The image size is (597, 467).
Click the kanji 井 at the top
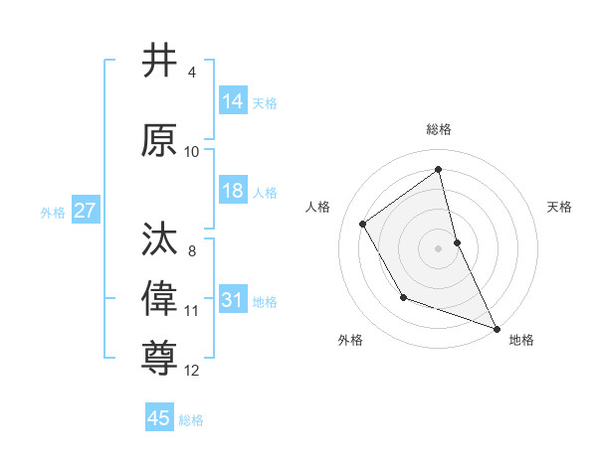pyautogui.click(x=159, y=62)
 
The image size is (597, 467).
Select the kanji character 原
pyautogui.click(x=159, y=142)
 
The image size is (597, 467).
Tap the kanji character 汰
pyautogui.click(x=159, y=239)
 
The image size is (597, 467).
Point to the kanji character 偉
pyautogui.click(x=159, y=296)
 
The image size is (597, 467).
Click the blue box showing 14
pyautogui.click(x=233, y=101)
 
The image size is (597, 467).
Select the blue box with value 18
pyautogui.click(x=233, y=191)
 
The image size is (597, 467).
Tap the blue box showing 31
pyautogui.click(x=233, y=300)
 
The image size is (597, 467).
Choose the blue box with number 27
pyautogui.click(x=86, y=211)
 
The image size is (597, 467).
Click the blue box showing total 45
pyautogui.click(x=159, y=418)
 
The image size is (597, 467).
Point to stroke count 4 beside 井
pyautogui.click(x=192, y=73)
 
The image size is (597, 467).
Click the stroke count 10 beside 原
pyautogui.click(x=192, y=152)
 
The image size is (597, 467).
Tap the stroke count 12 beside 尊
pyautogui.click(x=192, y=371)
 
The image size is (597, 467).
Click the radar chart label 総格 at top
pyautogui.click(x=439, y=129)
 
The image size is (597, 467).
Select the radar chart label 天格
pyautogui.click(x=560, y=207)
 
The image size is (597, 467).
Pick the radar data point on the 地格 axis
pyautogui.click(x=497, y=328)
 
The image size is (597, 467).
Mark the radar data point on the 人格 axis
pyautogui.click(x=363, y=224)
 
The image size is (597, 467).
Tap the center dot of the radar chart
pyautogui.click(x=439, y=247)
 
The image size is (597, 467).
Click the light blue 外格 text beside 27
pyautogui.click(x=53, y=212)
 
